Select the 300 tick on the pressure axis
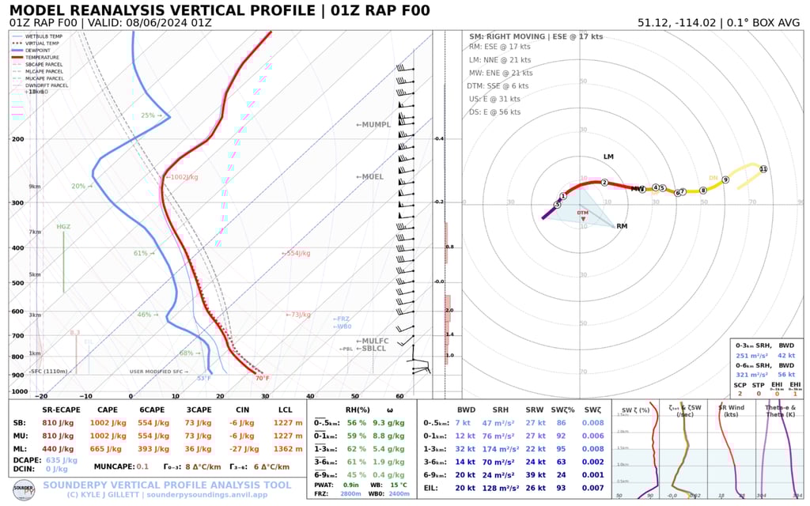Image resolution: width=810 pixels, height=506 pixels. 17,203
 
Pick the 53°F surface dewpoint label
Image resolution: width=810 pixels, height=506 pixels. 204,378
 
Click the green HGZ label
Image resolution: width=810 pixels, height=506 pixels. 63,227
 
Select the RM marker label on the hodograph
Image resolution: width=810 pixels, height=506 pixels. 622,227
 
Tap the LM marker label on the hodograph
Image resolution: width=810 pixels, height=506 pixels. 608,157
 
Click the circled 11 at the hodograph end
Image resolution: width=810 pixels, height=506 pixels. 763,169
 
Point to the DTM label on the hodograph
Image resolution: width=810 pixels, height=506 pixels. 583,213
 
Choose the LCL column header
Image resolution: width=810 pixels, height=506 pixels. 286,409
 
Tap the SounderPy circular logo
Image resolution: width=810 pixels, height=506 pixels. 23,488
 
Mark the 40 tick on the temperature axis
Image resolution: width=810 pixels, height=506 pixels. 310,396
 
